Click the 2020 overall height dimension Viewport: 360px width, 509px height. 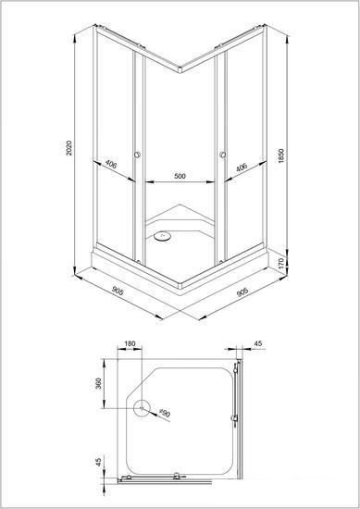[x=69, y=148]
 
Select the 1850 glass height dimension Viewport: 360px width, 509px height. [x=281, y=155]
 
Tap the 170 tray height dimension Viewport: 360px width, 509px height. [x=281, y=262]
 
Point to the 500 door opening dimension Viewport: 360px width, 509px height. [x=180, y=176]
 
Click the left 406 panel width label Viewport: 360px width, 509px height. [x=111, y=165]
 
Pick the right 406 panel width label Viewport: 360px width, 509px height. [x=242, y=168]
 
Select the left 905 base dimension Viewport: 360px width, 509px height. [x=118, y=291]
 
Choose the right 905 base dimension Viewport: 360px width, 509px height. [x=242, y=292]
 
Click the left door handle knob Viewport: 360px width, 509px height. [x=137, y=155]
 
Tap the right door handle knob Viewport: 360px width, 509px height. [x=223, y=155]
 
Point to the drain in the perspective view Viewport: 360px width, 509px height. [x=162, y=236]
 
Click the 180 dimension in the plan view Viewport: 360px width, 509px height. [x=130, y=343]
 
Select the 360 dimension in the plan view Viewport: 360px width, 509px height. [x=99, y=383]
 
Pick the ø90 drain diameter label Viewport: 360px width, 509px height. [x=165, y=413]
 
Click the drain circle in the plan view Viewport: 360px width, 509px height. [x=143, y=408]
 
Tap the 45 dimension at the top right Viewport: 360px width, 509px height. [x=258, y=343]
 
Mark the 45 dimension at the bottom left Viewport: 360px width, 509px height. [x=99, y=460]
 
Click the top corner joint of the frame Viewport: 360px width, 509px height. [x=180, y=69]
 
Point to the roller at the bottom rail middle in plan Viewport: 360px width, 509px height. [x=177, y=477]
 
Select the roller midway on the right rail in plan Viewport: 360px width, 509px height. [x=234, y=418]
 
